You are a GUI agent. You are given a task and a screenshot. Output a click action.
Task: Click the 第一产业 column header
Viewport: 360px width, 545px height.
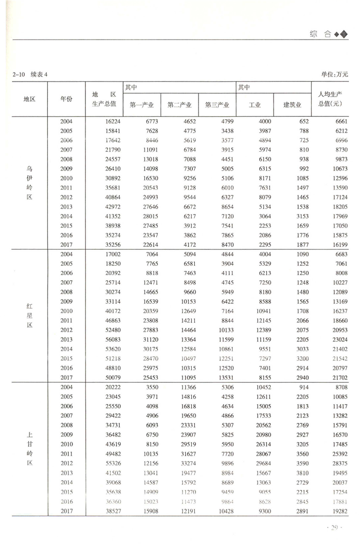point(142,105)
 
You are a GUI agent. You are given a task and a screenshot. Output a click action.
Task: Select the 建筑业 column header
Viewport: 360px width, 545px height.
point(292,105)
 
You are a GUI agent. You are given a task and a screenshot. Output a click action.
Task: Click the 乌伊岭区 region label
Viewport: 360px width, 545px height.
point(29,182)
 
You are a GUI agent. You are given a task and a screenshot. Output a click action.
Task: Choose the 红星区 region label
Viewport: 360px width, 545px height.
point(29,316)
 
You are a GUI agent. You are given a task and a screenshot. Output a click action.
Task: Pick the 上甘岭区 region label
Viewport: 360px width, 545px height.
point(29,449)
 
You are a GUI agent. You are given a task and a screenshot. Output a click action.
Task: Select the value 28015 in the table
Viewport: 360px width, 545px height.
point(144,216)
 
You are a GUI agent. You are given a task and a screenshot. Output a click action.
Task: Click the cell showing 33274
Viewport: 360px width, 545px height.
point(182,463)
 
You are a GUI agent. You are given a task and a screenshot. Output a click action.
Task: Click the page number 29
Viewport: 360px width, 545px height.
point(334,528)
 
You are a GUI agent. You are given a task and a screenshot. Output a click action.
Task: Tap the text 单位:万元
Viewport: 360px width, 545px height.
point(335,74)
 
